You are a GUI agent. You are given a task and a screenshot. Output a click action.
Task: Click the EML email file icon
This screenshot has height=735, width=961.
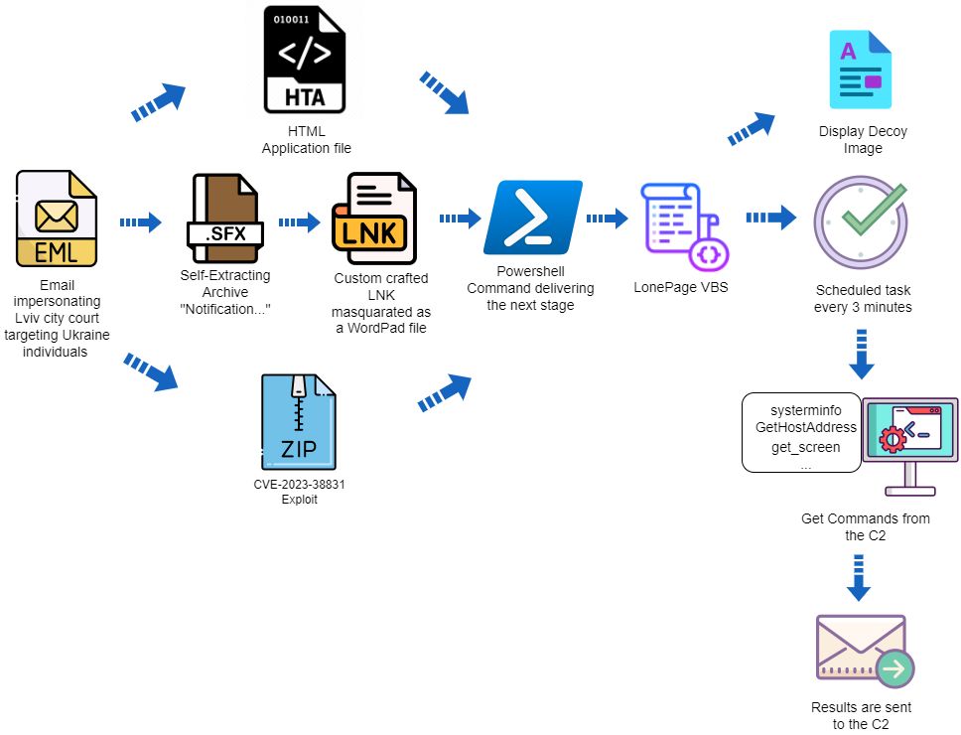click(57, 219)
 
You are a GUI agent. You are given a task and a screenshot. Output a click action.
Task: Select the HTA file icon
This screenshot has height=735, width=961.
click(305, 60)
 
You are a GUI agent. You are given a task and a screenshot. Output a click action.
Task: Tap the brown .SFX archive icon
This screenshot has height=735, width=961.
click(225, 219)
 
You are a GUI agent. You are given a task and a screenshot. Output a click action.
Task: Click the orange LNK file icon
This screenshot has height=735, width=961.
click(374, 219)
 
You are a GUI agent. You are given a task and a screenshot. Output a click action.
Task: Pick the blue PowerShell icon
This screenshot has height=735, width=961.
click(532, 217)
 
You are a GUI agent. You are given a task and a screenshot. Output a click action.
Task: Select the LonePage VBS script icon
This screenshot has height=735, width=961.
click(685, 226)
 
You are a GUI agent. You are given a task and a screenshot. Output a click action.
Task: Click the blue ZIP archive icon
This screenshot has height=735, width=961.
click(299, 422)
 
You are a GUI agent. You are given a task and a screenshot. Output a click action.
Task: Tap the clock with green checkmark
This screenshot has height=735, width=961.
click(861, 221)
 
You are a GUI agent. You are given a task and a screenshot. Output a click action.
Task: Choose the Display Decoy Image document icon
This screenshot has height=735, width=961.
click(861, 70)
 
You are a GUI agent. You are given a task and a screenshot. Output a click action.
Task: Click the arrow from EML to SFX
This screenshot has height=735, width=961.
click(140, 221)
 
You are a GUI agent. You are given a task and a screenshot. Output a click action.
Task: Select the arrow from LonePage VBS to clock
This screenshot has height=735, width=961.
click(771, 217)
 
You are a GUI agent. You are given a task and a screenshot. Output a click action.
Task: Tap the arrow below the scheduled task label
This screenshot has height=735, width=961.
click(861, 355)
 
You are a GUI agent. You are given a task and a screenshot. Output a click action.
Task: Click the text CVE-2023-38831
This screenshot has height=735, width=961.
click(299, 485)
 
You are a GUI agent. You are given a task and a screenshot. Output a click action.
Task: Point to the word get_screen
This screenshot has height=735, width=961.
click(805, 448)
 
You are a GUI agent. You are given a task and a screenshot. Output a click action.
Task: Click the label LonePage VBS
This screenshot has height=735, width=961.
click(681, 287)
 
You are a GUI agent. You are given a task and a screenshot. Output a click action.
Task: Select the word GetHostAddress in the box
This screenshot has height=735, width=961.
click(806, 427)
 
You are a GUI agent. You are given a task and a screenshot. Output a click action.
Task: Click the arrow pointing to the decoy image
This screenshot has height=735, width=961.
click(752, 128)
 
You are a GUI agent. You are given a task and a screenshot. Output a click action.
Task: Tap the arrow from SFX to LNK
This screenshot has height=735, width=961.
click(300, 221)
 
